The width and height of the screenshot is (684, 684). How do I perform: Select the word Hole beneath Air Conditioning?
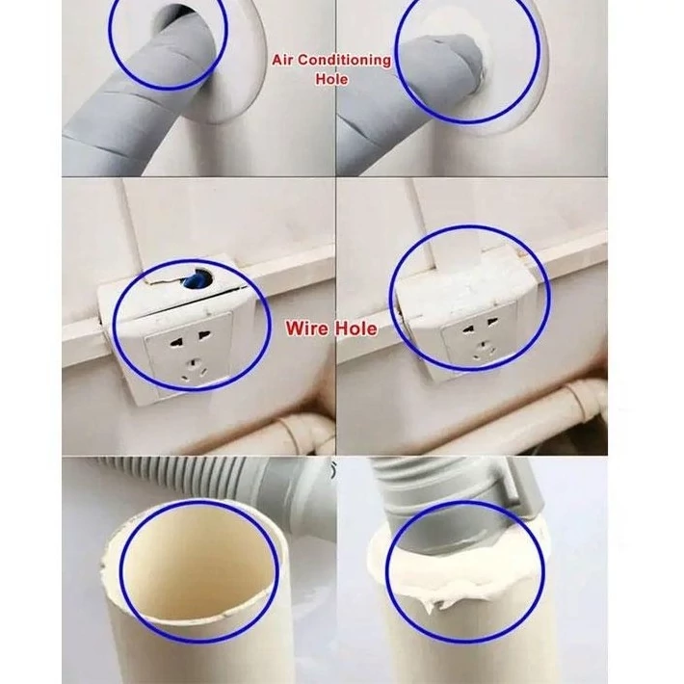click(x=331, y=79)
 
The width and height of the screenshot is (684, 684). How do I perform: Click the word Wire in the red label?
click(x=307, y=329)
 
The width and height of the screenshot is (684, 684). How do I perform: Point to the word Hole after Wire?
click(x=355, y=329)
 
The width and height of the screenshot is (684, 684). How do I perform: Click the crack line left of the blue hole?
click(x=162, y=279)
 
